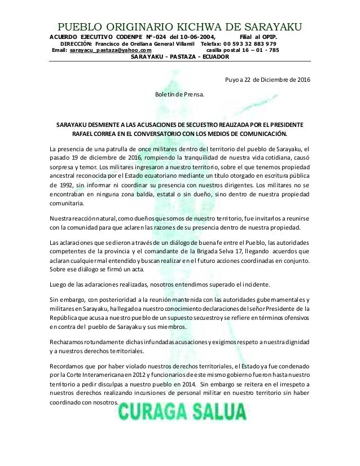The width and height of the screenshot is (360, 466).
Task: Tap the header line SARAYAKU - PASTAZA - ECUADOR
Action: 179,57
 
